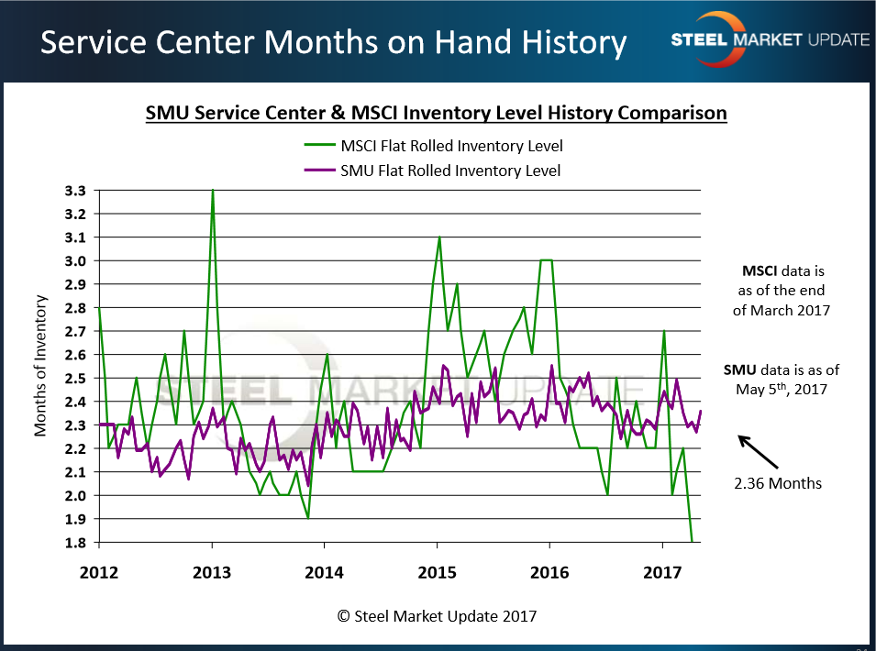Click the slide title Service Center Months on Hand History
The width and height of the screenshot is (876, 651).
(334, 42)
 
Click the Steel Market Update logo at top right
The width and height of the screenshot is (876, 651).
(770, 38)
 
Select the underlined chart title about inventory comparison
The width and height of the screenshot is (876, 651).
(436, 114)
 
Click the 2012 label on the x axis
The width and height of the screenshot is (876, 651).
(99, 573)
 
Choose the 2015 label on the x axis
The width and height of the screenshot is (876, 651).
(437, 573)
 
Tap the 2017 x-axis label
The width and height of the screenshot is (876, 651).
(662, 573)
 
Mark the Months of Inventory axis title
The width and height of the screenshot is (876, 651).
(41, 366)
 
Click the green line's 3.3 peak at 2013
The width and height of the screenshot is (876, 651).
(213, 191)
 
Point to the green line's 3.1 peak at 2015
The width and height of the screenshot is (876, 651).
(439, 237)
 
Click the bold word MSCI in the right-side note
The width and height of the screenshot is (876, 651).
(758, 272)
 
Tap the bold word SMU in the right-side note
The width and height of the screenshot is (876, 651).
(739, 370)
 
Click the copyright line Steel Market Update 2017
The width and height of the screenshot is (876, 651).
(437, 616)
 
